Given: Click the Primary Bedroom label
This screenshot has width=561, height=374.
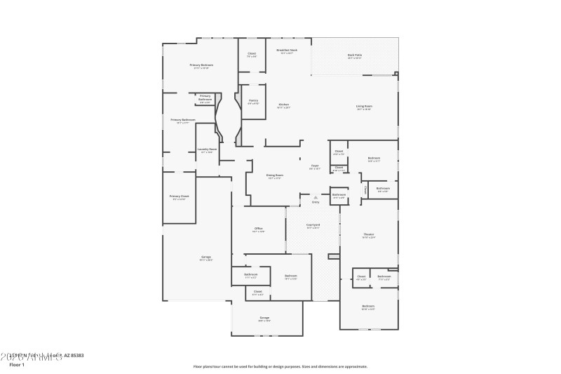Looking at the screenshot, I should click(201, 65).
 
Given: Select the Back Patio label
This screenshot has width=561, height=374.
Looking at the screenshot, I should click(355, 55).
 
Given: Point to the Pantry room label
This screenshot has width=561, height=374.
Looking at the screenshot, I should click(253, 100).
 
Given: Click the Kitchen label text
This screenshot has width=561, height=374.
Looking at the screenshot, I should click(283, 105).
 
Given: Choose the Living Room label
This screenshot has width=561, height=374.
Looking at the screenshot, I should click(364, 106).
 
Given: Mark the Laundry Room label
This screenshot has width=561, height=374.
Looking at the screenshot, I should click(207, 149).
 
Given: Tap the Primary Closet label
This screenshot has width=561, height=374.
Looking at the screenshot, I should click(180, 196).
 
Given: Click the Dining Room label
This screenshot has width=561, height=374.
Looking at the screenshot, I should click(274, 175).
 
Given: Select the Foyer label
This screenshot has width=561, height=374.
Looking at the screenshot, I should click(315, 166).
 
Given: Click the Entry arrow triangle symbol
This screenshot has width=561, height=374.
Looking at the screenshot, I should click(316, 198).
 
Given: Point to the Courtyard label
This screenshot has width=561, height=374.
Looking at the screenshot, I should click(313, 225).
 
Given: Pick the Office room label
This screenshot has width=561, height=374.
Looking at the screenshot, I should click(258, 229).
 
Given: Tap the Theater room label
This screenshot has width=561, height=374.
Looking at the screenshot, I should click(368, 234).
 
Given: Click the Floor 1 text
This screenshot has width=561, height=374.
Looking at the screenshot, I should click(16, 365).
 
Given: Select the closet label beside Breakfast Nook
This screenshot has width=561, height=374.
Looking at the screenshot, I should click(251, 53).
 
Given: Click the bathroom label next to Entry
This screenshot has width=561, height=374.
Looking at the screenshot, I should click(339, 194).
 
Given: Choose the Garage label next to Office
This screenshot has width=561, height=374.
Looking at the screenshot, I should click(205, 257).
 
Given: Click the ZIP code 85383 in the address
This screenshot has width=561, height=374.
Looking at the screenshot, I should click(76, 356).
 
